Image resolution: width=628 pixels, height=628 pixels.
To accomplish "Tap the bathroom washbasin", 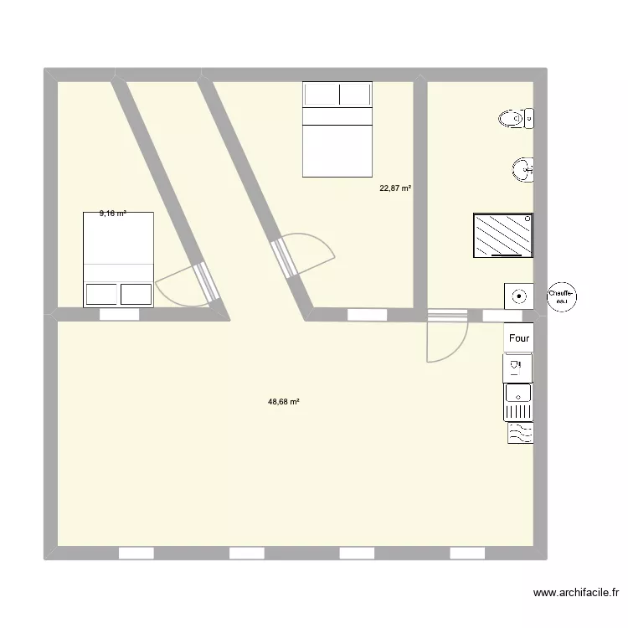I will pos(523,170).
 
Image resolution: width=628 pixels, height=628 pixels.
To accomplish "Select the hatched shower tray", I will pos(503,234).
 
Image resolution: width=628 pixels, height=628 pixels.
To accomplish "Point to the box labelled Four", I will pos(518,338).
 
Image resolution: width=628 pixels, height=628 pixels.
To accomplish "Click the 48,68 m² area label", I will pos(284,402).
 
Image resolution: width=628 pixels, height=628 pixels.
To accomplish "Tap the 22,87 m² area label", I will pos(395,188).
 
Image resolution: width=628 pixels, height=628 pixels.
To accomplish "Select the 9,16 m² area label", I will pos(112,214).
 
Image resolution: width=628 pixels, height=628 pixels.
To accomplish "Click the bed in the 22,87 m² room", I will pos(337,129).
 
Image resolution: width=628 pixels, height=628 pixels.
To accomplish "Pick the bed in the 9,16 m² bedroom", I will pos(118,260).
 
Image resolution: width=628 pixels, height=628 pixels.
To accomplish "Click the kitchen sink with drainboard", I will pos(518,402).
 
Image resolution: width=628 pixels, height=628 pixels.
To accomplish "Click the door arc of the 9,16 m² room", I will pos(178,286).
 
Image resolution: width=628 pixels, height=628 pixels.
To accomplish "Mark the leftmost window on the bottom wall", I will pos(136,553).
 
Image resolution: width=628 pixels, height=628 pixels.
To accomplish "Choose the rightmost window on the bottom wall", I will pos(467,553).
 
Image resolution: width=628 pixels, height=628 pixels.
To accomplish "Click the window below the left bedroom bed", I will pos(118,315).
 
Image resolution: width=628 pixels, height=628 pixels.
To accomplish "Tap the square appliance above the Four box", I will pos(519,296).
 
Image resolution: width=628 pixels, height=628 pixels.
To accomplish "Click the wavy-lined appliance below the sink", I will pos(519,432).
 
